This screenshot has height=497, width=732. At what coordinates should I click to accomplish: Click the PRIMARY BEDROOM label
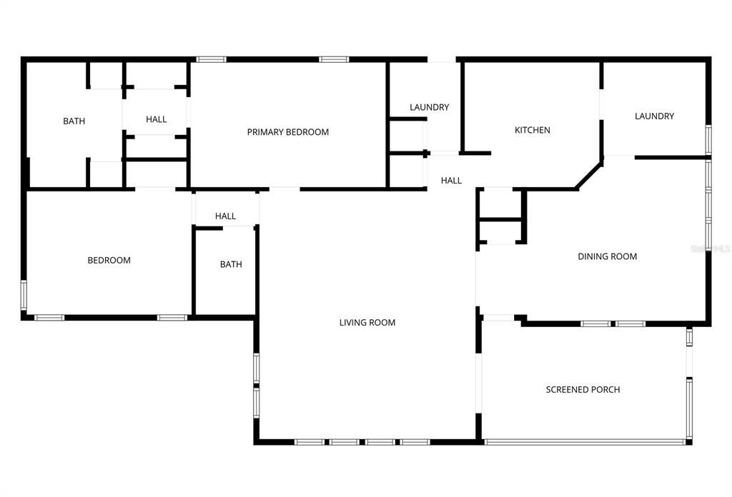pos(287,132)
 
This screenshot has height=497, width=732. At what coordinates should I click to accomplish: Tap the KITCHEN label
pos(533,130)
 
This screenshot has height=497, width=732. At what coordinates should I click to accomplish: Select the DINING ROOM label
pos(607,256)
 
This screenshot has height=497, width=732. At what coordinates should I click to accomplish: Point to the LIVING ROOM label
pos(367,323)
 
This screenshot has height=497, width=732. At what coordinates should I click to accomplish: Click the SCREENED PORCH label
pos(583,390)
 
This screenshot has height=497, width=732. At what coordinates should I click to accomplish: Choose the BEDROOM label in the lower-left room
pos(109,261)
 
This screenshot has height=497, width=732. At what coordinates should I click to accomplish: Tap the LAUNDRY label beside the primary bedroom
pos(429,107)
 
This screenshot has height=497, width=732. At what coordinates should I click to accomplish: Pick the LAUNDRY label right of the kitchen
pos(654,116)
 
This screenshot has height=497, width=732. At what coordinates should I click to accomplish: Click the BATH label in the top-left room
pos(74,121)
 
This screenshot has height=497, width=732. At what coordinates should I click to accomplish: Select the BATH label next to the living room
pos(230,265)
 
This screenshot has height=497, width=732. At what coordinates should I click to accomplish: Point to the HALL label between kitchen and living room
pos(451,181)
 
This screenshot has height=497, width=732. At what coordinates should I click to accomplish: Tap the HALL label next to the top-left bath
pos(156,120)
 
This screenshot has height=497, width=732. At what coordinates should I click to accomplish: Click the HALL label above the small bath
pos(225,216)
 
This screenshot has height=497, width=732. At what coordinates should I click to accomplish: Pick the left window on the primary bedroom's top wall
pos(211,59)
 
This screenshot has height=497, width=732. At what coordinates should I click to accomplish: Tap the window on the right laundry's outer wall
pos(708,139)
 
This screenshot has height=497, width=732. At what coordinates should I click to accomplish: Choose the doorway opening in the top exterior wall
pos(442,59)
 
